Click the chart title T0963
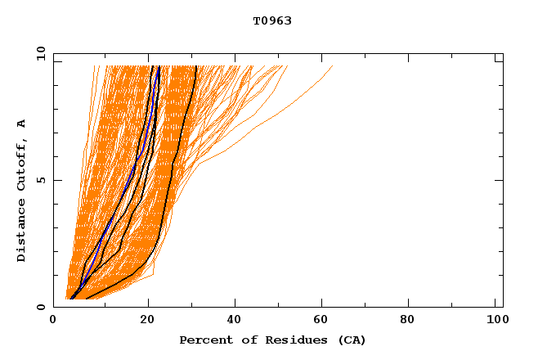[x=272, y=20]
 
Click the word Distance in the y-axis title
[x=21, y=232]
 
